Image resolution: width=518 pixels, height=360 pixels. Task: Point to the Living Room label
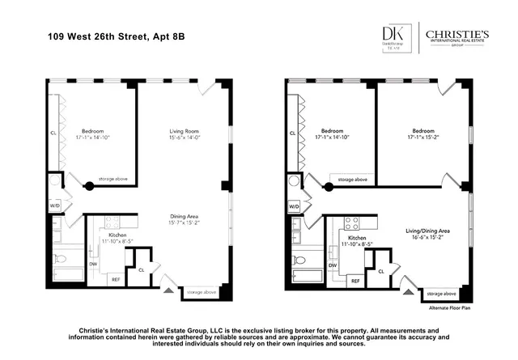(184, 131)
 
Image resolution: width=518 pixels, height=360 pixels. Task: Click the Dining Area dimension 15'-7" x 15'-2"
(185, 222)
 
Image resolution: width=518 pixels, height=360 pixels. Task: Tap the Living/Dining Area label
(428, 231)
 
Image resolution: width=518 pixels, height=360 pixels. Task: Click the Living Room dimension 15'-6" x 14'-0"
(184, 138)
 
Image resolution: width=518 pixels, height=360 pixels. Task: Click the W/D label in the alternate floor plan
(294, 206)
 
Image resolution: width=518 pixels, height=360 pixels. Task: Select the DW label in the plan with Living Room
(94, 264)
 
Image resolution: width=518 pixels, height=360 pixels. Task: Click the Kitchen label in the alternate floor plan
(357, 238)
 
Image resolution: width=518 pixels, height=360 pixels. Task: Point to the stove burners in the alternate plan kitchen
(353, 223)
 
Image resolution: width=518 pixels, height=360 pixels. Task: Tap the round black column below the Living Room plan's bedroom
(90, 187)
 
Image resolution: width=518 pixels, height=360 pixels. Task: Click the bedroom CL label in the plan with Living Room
(53, 132)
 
